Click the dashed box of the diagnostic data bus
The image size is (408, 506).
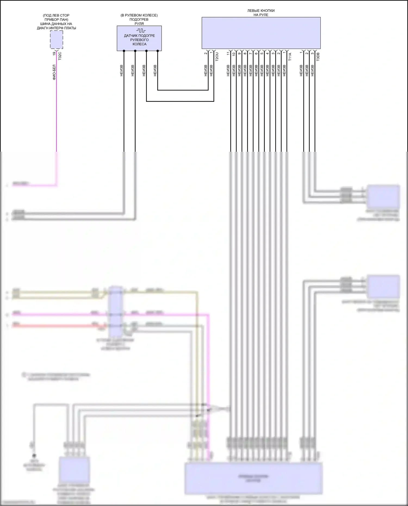(57, 40)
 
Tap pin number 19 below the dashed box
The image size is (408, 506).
(54, 54)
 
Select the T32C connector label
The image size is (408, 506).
(60, 56)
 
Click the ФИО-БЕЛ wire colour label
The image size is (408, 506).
(54, 72)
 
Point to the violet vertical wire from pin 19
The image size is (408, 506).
(57, 114)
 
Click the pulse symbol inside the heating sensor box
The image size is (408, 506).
(141, 30)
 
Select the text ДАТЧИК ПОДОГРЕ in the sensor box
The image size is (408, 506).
(139, 36)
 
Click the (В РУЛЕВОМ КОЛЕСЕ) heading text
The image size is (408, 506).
(139, 15)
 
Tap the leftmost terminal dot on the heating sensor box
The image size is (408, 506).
(124, 51)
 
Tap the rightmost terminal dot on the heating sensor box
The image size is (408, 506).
(157, 51)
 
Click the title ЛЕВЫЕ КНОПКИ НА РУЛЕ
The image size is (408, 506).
(261, 13)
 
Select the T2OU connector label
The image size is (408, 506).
(217, 57)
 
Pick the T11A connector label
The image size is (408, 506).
(290, 57)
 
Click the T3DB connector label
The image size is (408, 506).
(318, 57)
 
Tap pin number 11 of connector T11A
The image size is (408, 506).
(228, 54)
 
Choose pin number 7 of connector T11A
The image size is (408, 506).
(251, 54)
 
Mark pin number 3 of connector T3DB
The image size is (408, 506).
(312, 53)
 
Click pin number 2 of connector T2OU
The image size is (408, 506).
(206, 53)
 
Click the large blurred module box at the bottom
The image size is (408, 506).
(254, 479)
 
